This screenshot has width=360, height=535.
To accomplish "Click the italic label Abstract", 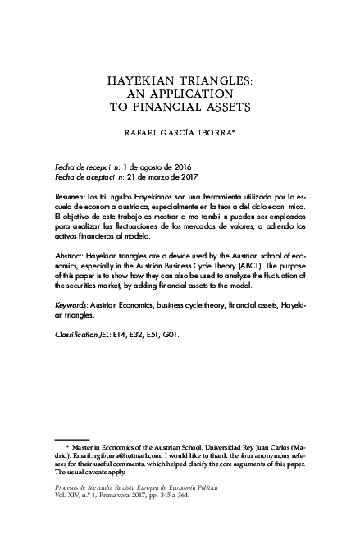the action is point(69,255).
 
